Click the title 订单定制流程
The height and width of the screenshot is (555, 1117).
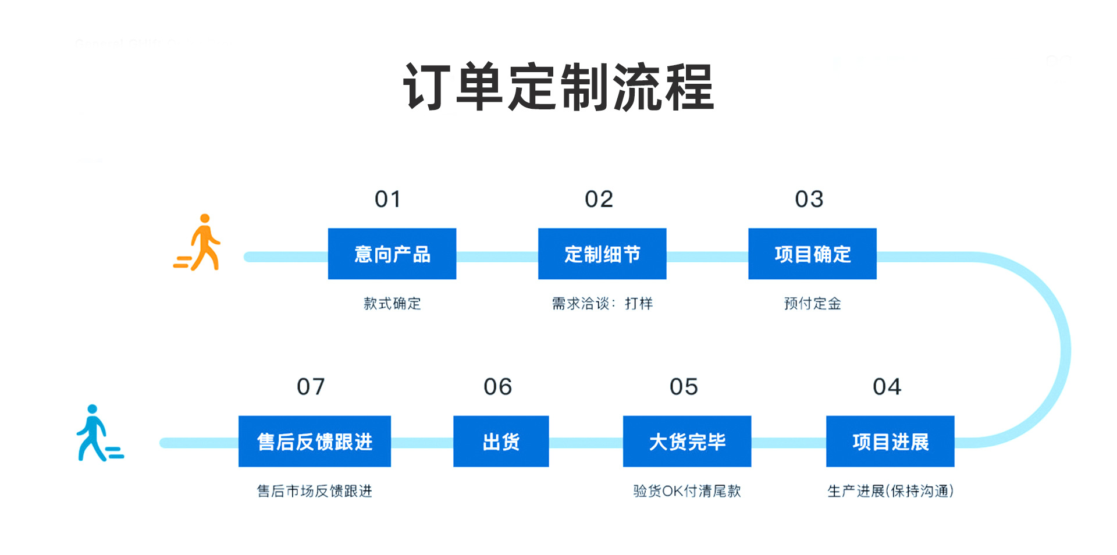(558, 87)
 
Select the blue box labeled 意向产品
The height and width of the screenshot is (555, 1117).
(392, 254)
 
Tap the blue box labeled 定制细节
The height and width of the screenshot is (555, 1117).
(602, 254)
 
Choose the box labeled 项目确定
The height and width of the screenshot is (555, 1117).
(812, 254)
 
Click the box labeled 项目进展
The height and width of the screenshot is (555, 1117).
(890, 441)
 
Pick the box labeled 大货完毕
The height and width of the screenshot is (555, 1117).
(687, 441)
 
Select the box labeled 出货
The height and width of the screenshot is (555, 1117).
(501, 441)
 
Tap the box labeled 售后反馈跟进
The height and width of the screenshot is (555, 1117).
(315, 441)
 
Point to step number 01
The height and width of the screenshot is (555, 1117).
(387, 200)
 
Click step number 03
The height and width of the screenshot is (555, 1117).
(809, 200)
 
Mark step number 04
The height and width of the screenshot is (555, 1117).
(887, 387)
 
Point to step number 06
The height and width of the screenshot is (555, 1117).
(498, 387)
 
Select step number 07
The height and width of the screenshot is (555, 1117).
(311, 387)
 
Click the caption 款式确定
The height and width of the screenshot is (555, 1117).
(392, 303)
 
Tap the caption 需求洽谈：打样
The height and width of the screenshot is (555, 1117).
(602, 303)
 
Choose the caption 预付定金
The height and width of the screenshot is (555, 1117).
(812, 303)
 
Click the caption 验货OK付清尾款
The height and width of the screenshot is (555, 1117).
(687, 491)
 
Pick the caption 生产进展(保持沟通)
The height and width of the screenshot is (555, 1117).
(890, 491)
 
